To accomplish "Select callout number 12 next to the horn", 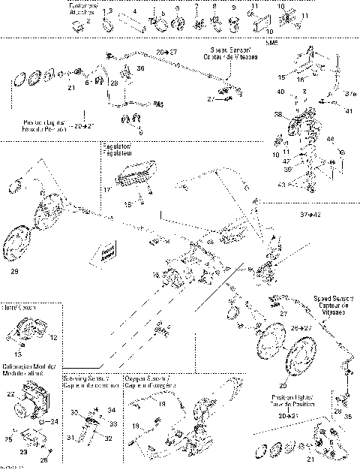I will [x=53, y=339].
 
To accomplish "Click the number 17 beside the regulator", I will [x=107, y=190].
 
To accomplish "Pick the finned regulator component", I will [x=134, y=179].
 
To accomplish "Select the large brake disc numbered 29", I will [x=23, y=243].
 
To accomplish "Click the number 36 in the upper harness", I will [x=140, y=68].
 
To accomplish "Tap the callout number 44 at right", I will [x=330, y=139].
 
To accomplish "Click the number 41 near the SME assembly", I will [x=328, y=110].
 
